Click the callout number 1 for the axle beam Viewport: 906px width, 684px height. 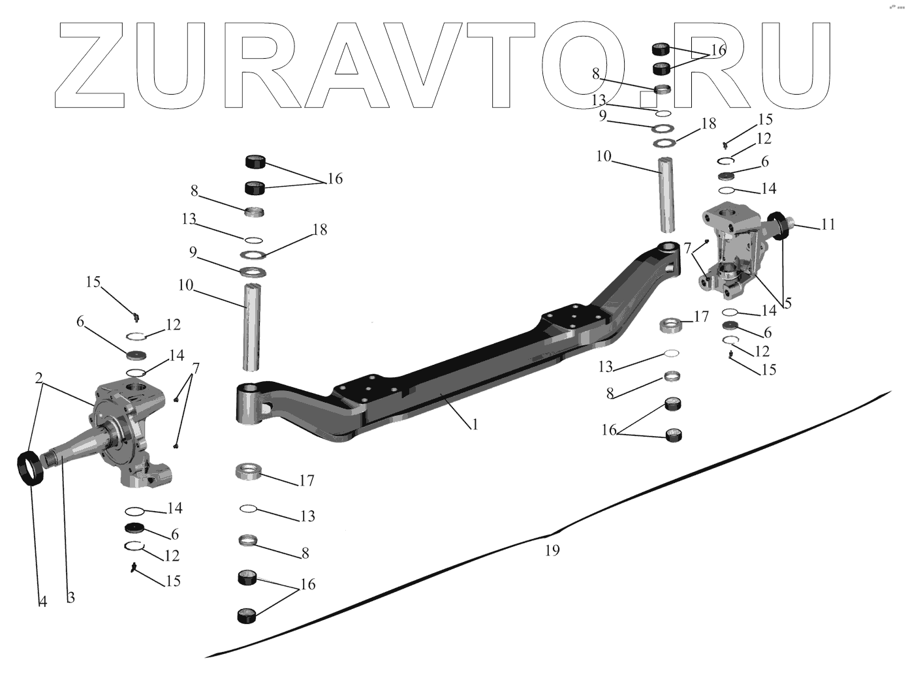click(475, 424)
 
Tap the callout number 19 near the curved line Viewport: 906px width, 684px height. click(552, 550)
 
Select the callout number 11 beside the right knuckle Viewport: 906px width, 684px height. click(828, 225)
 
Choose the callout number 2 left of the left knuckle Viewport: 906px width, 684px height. click(39, 378)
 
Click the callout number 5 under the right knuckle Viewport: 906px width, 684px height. click(788, 303)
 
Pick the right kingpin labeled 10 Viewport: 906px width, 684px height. click(666, 194)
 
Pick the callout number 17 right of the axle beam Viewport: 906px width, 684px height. click(702, 317)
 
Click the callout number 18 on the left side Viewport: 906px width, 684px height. click(320, 230)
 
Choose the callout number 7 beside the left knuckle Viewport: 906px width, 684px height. click(196, 367)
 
